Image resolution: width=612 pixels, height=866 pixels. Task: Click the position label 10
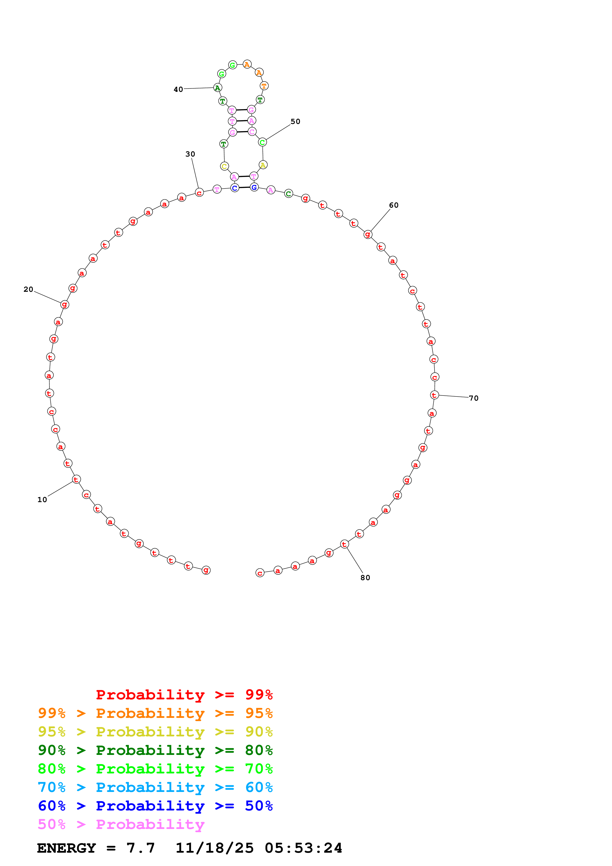[x=42, y=500]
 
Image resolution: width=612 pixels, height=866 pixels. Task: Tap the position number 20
[x=28, y=289]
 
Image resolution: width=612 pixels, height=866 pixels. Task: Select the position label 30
[x=190, y=154]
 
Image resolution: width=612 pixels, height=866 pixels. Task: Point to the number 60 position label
[x=394, y=205]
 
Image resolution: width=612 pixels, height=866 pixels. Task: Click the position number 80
[x=365, y=578]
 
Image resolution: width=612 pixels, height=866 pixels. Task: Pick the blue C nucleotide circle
[x=235, y=188]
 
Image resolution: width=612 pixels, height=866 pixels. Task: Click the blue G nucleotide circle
[x=254, y=187]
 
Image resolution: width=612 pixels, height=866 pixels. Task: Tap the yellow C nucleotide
[x=224, y=166]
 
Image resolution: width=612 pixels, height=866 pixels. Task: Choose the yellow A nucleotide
[x=263, y=165]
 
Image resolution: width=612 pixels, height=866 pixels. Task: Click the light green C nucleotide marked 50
[x=262, y=142]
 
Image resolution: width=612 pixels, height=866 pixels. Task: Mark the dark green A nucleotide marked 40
[x=217, y=88]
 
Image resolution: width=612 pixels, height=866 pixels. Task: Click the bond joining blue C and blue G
[x=244, y=187]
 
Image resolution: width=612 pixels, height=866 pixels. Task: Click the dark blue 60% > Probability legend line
[x=155, y=806]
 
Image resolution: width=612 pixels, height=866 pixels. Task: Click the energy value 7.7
[x=141, y=848]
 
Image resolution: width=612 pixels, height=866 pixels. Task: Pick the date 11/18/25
[x=215, y=848]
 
